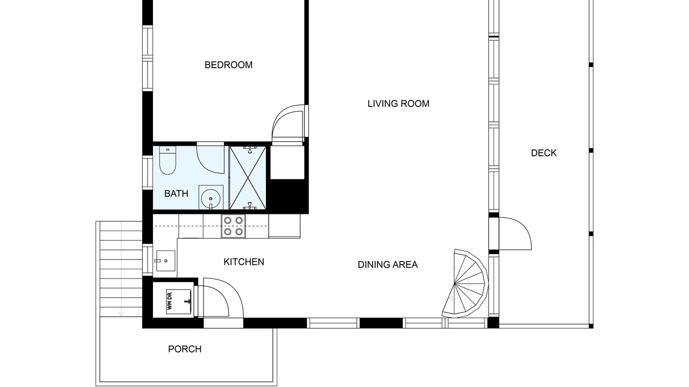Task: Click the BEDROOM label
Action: point(228,65)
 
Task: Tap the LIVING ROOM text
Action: point(398,104)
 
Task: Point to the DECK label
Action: point(544,153)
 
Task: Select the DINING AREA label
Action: point(388,264)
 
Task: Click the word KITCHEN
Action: point(244,262)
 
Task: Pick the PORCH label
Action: point(185,349)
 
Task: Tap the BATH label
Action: point(176,193)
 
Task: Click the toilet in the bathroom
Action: point(167,160)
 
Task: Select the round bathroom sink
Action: point(210,197)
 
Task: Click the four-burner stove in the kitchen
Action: point(234,226)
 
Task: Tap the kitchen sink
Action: point(165,261)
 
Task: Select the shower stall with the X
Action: point(248,178)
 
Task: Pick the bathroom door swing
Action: point(210,159)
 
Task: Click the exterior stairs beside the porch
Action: point(121,269)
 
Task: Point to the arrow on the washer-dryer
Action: point(187,302)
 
